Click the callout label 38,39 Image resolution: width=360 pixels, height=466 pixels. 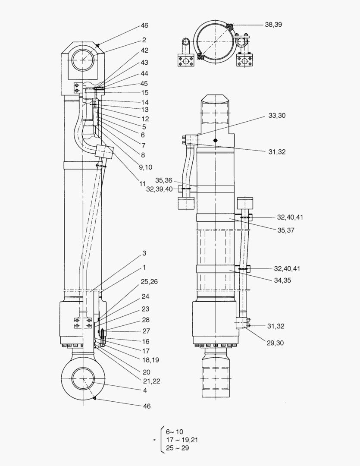[273, 25]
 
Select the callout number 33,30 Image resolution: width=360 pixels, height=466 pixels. [277, 116]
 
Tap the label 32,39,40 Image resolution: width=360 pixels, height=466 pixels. [159, 189]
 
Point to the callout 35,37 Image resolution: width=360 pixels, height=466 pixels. [285, 230]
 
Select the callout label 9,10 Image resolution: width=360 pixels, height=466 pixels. [146, 167]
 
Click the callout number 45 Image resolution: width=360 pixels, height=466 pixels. [144, 84]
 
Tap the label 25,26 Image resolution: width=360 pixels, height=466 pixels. [149, 281]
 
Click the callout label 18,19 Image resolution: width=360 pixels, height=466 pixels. [149, 360]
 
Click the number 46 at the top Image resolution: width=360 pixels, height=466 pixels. [144, 26]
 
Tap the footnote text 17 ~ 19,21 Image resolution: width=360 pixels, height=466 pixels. [182, 440]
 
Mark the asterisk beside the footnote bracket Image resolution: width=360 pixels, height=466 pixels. [154, 441]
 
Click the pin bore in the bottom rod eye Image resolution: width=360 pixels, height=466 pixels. [82, 381]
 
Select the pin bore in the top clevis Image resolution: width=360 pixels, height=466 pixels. [82, 60]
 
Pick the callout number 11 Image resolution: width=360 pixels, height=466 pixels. [142, 183]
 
